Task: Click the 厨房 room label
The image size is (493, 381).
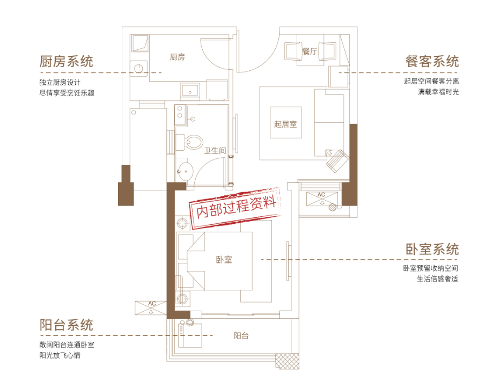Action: [x=178, y=57]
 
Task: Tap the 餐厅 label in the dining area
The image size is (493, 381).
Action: [x=310, y=51]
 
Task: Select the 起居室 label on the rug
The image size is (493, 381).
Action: [x=285, y=124]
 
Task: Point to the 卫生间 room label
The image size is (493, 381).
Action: [x=215, y=151]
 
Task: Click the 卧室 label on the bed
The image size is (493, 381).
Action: [x=224, y=260]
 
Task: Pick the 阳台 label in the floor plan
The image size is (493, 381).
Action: [x=241, y=336]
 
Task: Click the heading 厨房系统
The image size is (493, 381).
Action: [x=67, y=61]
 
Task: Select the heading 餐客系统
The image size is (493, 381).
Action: [x=432, y=61]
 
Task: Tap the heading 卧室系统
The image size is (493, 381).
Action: [x=432, y=249]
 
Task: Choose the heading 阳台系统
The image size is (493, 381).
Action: [x=67, y=325]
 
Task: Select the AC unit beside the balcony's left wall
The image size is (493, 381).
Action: [x=151, y=307]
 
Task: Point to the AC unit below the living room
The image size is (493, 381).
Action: [x=322, y=199]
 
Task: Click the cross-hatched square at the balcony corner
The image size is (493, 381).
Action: [x=288, y=361]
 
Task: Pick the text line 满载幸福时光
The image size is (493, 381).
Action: [x=438, y=92]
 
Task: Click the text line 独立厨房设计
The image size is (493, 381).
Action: [x=60, y=83]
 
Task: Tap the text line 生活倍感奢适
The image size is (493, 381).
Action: [x=437, y=279]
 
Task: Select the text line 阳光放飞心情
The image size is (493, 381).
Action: [x=60, y=356]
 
